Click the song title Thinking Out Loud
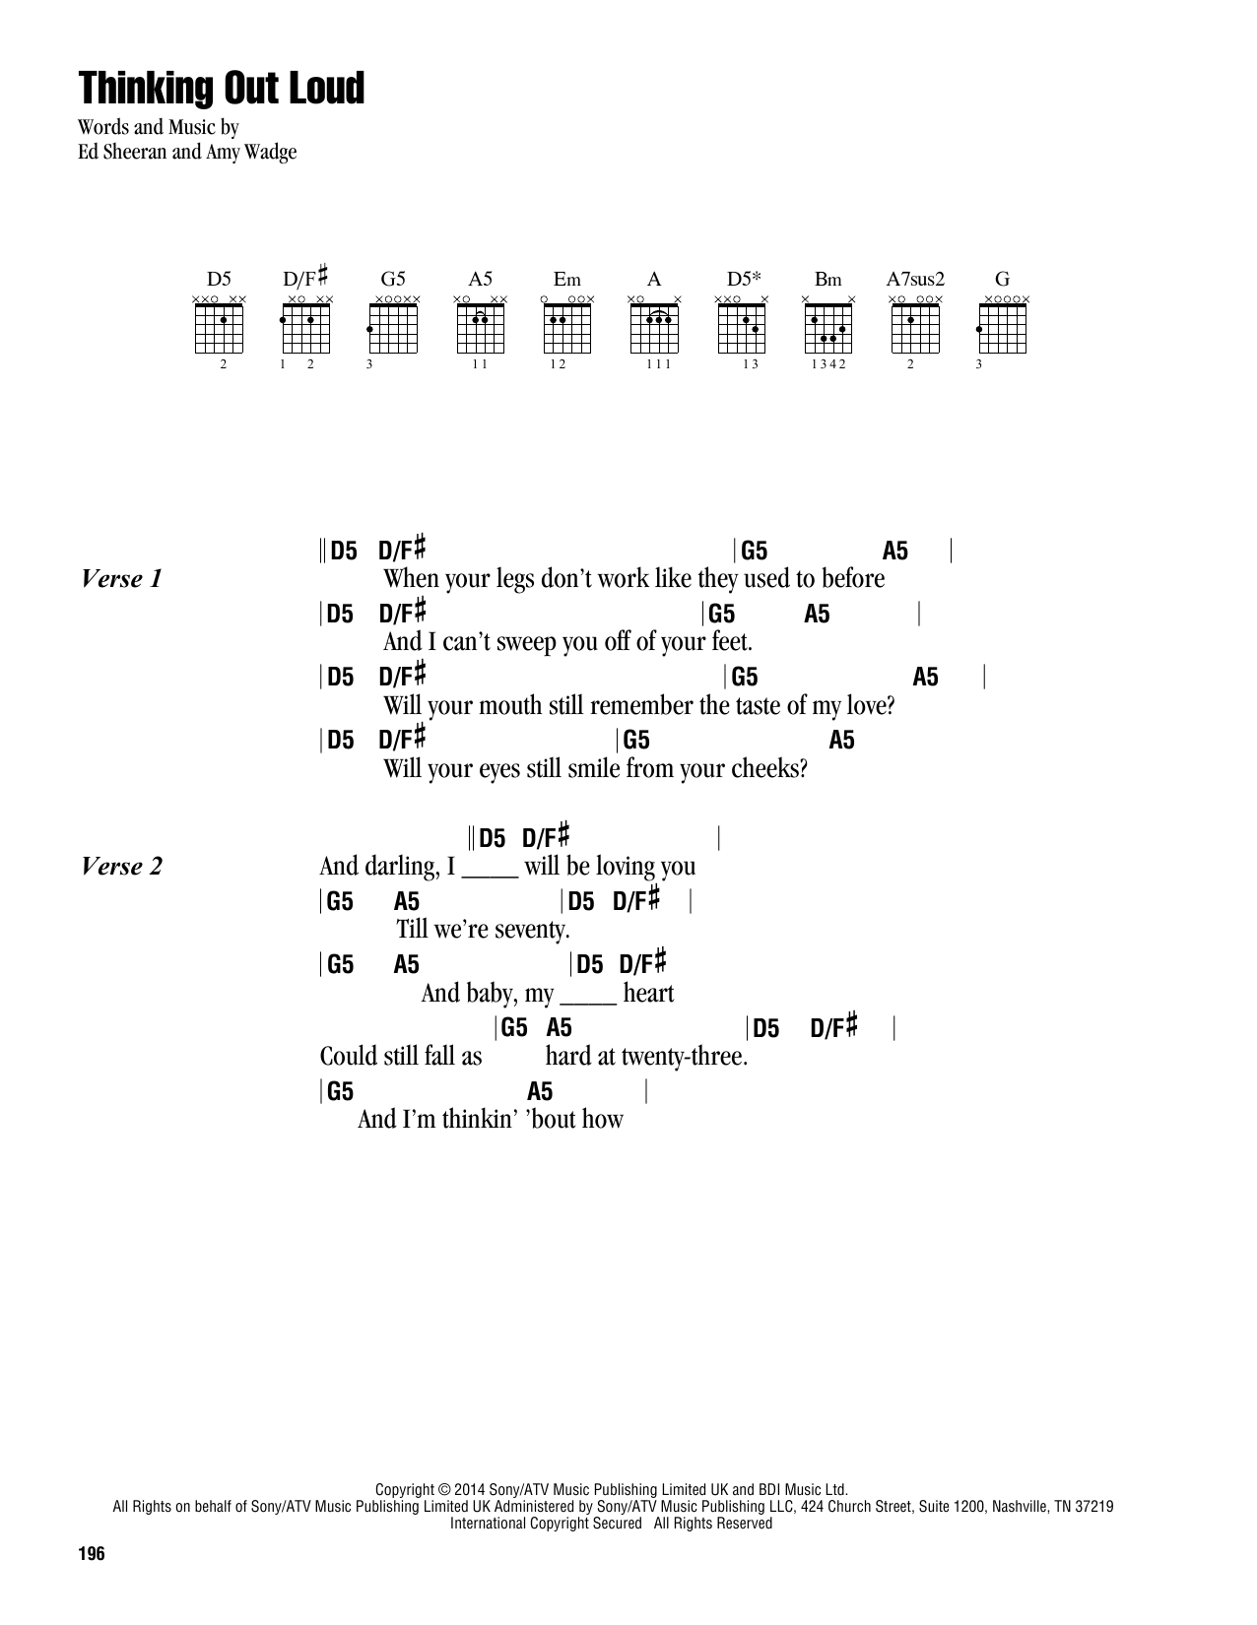[x=222, y=89]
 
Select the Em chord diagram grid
[x=566, y=327]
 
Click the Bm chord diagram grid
[x=828, y=327]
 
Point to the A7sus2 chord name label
[x=915, y=279]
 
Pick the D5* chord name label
[x=741, y=279]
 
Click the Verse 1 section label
[x=121, y=579]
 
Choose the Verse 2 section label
[x=121, y=867]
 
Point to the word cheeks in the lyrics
[x=772, y=768]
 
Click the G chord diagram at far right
[x=1002, y=327]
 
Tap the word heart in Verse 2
[x=648, y=993]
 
